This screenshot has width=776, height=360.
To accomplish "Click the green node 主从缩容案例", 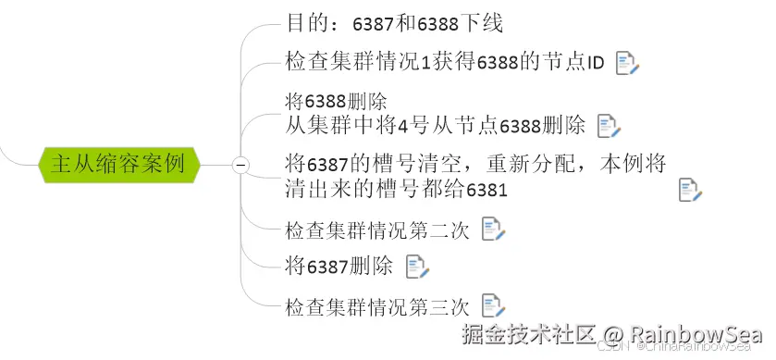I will [x=117, y=165].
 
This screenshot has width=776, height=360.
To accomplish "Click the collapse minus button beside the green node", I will [x=240, y=165].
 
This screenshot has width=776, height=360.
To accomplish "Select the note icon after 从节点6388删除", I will [x=609, y=125].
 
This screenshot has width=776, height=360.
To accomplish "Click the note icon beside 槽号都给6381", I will [x=690, y=191].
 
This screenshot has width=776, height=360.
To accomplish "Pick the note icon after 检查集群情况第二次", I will [x=493, y=230].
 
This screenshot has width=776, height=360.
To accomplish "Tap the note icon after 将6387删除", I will [x=417, y=267].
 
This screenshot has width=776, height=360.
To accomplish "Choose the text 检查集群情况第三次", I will [x=377, y=305].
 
